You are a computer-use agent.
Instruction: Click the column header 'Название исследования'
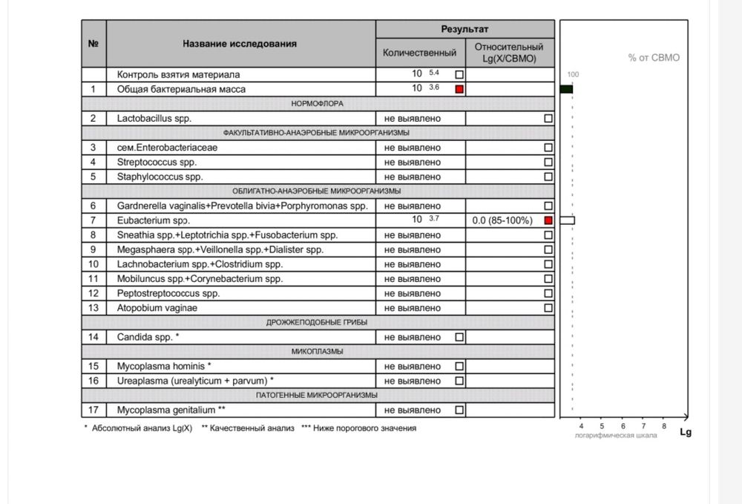(x=240, y=44)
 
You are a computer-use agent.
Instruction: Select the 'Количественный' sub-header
(x=419, y=53)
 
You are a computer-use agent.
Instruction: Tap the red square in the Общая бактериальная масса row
(x=459, y=89)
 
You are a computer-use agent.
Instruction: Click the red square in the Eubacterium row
(x=548, y=220)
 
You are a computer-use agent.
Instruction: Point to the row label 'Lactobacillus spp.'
(x=154, y=118)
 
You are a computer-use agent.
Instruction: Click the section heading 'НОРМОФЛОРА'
(x=318, y=103)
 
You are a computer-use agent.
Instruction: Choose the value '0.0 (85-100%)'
(x=502, y=220)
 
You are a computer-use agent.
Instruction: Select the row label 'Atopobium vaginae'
(x=157, y=308)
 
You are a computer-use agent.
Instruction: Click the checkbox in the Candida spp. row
(x=459, y=337)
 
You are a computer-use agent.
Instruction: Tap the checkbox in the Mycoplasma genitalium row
(x=459, y=410)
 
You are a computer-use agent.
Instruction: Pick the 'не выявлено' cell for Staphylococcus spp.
(x=412, y=177)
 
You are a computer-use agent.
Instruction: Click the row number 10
(x=93, y=264)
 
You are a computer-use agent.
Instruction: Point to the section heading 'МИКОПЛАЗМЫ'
(x=318, y=351)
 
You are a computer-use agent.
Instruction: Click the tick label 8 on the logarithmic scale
(x=664, y=426)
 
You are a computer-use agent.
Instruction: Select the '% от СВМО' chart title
(x=654, y=57)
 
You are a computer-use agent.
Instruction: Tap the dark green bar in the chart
(x=565, y=89)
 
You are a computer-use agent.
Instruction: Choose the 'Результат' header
(x=464, y=29)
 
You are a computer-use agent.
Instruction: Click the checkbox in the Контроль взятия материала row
(x=459, y=74)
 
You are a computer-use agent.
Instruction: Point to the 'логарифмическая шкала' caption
(x=615, y=435)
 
